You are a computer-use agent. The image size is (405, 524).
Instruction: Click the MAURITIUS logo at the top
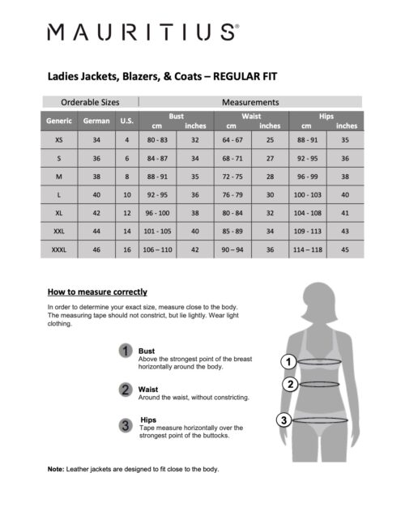coord(143,32)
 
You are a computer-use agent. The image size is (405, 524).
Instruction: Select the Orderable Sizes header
coord(90,103)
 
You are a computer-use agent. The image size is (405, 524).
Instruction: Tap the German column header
coord(96,121)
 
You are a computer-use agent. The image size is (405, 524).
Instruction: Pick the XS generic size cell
coord(58,140)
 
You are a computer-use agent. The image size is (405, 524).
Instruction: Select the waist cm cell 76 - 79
coord(232,195)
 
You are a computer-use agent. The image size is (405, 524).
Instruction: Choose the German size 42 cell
coord(96,213)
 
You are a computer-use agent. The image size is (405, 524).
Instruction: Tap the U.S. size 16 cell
coord(126,250)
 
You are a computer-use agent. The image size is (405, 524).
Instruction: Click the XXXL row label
coord(58,250)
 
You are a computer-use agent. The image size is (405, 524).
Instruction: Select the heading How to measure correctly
coord(97,292)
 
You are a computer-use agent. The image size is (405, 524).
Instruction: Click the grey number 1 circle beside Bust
coord(126,351)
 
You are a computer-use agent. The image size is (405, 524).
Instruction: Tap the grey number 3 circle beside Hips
coord(126,425)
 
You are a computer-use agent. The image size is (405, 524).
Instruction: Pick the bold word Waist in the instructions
coord(149,389)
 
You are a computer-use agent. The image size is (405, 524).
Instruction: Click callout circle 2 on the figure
coord(290,384)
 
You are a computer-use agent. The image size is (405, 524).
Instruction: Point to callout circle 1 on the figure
coord(286,361)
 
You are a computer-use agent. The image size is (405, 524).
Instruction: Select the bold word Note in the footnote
coord(56,469)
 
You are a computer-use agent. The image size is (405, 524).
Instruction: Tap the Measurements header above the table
coord(250,103)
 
